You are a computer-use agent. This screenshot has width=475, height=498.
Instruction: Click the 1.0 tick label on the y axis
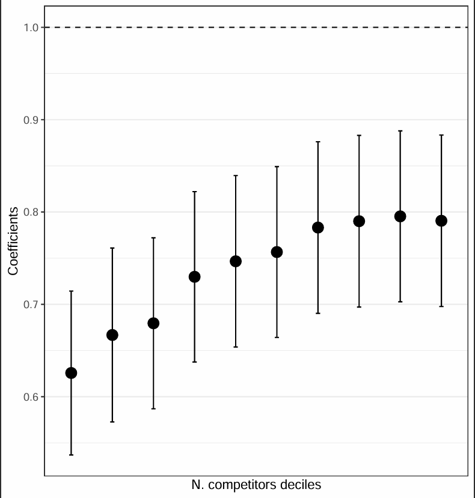click(x=31, y=28)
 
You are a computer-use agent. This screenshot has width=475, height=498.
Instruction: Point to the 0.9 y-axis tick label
click(x=31, y=120)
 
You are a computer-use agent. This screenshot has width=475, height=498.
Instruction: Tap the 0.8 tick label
click(x=31, y=212)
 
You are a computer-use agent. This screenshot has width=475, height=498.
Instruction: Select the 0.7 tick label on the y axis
click(x=31, y=305)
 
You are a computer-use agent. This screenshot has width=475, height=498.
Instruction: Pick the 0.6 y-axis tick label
click(x=31, y=397)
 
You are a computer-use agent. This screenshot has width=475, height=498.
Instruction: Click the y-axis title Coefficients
click(x=13, y=241)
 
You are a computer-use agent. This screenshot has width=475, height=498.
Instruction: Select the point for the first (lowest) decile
click(x=71, y=373)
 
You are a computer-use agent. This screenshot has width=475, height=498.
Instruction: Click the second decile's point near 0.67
click(x=112, y=335)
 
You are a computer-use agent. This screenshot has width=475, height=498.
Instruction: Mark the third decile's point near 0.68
click(x=153, y=323)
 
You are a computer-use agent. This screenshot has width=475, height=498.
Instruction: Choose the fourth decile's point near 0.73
click(x=195, y=277)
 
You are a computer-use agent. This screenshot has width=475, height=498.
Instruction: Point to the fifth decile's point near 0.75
click(x=236, y=261)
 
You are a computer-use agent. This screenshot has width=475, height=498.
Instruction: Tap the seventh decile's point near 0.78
click(x=318, y=228)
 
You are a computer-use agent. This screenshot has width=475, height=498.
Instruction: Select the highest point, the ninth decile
click(x=400, y=217)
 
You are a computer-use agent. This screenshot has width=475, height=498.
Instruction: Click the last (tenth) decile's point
click(x=441, y=220)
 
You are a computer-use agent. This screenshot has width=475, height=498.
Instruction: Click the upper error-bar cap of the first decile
click(x=71, y=291)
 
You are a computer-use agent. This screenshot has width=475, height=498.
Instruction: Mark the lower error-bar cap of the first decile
click(x=71, y=455)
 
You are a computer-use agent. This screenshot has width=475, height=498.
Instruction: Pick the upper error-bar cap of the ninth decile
click(x=400, y=131)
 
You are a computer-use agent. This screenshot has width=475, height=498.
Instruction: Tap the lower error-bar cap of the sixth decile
click(x=277, y=337)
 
